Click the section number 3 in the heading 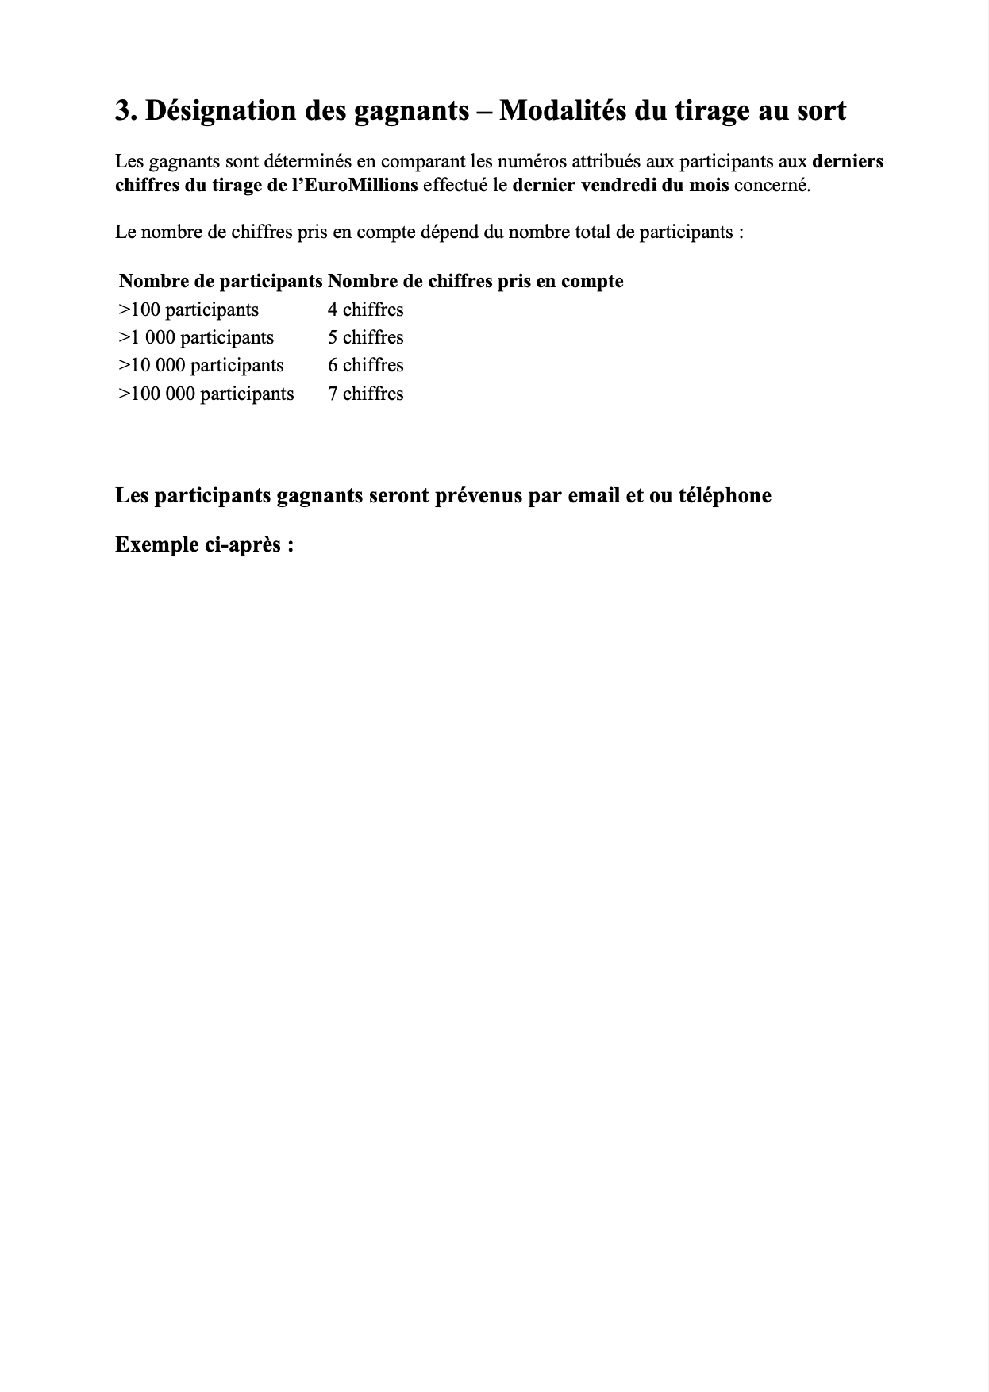click(122, 111)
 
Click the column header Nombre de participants click(221, 281)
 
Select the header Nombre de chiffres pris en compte click(475, 281)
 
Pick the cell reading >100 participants click(189, 310)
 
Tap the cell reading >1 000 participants click(196, 337)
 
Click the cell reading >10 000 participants click(201, 365)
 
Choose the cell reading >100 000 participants click(206, 394)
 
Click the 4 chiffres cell click(366, 310)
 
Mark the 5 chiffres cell click(366, 337)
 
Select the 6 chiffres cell click(366, 365)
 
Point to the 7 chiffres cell click(366, 394)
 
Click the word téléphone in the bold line click(725, 496)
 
